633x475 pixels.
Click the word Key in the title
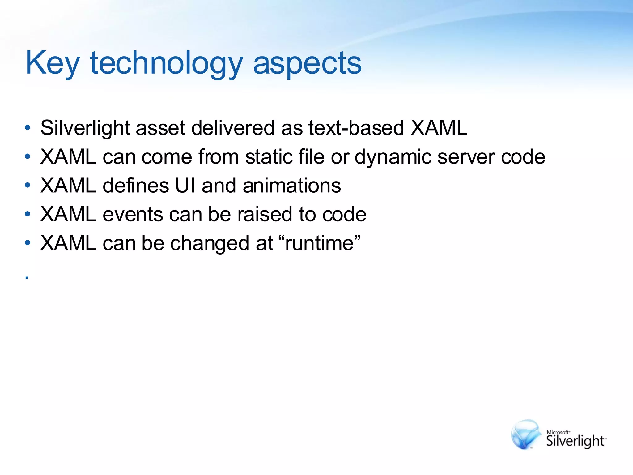coord(53,63)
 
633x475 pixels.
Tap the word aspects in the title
coord(307,63)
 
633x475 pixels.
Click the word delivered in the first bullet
coord(233,128)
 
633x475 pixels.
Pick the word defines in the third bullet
coord(136,186)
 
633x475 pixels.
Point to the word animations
coord(292,186)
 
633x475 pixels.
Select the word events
coord(133,214)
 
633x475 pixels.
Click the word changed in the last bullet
coord(210,243)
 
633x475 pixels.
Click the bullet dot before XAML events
coord(28,214)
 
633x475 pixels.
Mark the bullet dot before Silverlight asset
coord(28,128)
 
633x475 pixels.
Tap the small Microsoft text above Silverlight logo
coord(558,432)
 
